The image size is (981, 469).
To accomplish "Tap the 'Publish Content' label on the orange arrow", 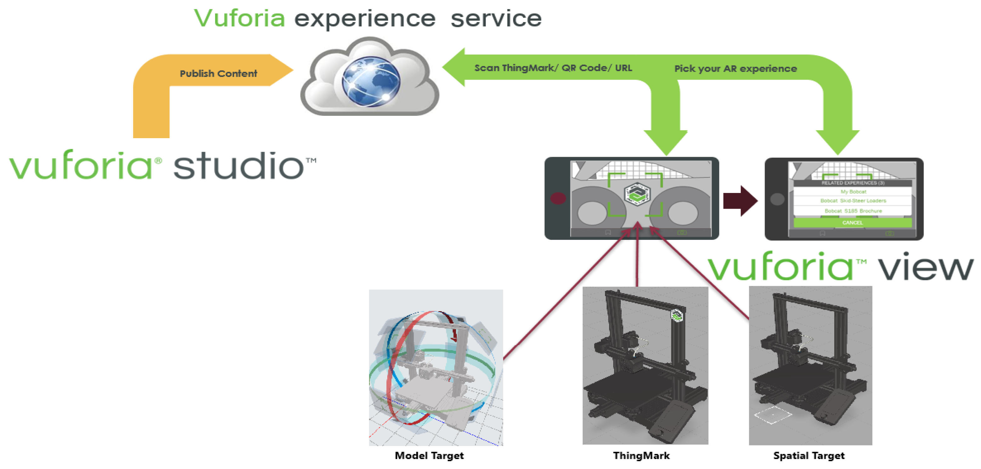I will tap(218, 73).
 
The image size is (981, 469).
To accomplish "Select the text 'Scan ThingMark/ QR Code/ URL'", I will tap(553, 68).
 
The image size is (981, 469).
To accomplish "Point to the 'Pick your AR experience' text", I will tap(735, 69).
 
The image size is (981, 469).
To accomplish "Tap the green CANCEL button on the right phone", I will tap(852, 223).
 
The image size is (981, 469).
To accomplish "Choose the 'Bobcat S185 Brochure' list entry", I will tap(853, 211).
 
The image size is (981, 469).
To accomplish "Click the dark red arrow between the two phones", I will tap(739, 201).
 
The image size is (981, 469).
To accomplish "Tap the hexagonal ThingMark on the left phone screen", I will tap(637, 194).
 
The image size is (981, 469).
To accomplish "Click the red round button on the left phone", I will tap(558, 198).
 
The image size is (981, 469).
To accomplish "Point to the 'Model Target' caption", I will tap(429, 456).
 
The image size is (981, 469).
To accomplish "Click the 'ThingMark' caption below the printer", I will tap(641, 456).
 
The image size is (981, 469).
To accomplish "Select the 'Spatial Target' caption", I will tap(809, 456).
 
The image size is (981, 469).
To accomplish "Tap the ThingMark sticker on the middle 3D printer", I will tap(677, 316).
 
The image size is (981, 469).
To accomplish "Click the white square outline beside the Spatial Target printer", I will tap(773, 415).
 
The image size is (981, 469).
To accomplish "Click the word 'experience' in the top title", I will tap(365, 19).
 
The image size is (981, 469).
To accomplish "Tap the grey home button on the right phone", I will tap(777, 199).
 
